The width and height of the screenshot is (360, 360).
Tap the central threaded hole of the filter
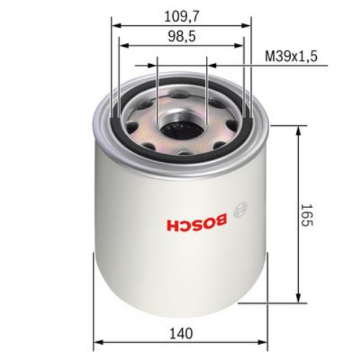click(x=181, y=130)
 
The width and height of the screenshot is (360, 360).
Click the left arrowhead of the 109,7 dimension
click(x=116, y=24)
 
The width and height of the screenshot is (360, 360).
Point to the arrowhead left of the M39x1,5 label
click(x=211, y=65)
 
